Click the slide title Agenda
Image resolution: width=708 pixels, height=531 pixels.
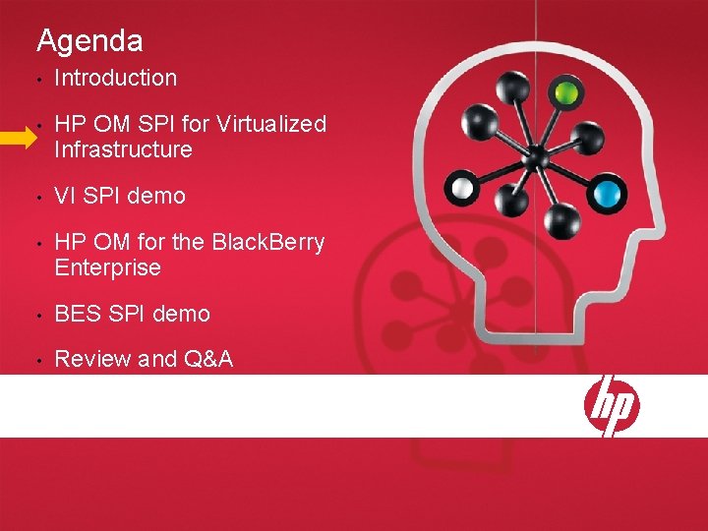coord(89,41)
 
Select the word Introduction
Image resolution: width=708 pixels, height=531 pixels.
coord(116,78)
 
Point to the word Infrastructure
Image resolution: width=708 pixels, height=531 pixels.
coord(123,150)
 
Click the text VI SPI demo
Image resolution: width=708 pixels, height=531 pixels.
coord(120,196)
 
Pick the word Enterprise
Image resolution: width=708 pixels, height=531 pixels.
coord(107,267)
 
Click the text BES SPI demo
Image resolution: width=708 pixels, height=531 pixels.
coord(132,314)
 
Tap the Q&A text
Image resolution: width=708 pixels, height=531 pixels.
coord(208,359)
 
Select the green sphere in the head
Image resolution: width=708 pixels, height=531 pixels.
coord(564,94)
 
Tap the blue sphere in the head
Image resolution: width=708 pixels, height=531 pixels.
coord(610,191)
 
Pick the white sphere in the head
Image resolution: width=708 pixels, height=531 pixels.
coord(460,186)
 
